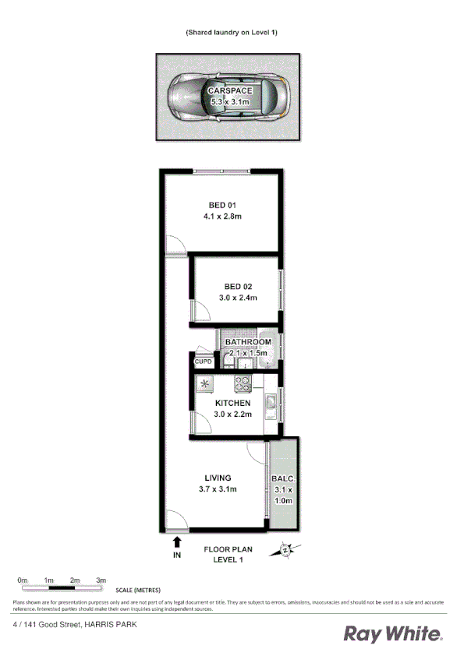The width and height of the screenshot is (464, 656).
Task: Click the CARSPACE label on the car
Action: coord(230,91)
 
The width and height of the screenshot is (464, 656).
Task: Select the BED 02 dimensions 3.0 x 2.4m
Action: coord(236,298)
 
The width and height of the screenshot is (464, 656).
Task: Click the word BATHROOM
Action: coord(248,342)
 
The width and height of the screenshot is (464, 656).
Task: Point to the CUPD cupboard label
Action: coord(204,362)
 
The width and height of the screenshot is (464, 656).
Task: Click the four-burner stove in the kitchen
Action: coord(243,383)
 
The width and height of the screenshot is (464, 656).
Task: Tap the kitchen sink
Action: coord(269,403)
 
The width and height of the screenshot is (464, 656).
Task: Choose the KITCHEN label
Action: coord(232,403)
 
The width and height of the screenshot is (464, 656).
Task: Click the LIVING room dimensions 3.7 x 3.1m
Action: coord(217,488)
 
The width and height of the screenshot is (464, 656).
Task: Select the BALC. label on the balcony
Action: coord(282,478)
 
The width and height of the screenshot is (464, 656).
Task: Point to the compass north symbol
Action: coord(285,550)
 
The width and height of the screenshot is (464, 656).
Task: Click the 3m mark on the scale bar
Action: coord(101,580)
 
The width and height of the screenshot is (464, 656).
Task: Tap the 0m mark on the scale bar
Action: coord(23,580)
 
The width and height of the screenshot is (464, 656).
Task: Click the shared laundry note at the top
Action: coord(232,32)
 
